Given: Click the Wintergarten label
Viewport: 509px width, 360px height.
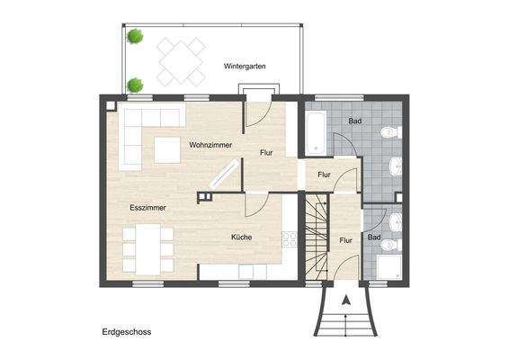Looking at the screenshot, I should point(246,67).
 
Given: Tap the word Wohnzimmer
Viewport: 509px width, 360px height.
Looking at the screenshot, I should point(210,145).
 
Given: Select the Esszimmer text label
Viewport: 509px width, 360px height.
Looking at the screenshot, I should point(145,208).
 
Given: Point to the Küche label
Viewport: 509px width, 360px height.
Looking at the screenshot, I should point(241,238).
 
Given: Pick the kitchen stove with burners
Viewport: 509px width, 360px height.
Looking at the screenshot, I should point(290,238).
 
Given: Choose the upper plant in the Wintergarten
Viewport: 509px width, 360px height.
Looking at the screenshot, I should point(135,37).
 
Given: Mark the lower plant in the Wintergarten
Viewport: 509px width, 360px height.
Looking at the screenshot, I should point(135,85).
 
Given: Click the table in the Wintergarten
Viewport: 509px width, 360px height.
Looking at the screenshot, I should point(183,61).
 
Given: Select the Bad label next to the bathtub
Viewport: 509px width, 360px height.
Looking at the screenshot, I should point(355,120).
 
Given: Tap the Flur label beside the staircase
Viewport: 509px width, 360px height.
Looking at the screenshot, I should point(346,240).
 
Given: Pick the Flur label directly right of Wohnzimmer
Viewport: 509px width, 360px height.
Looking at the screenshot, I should point(266,153).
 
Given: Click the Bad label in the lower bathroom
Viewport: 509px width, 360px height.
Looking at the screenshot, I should point(374,238).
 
